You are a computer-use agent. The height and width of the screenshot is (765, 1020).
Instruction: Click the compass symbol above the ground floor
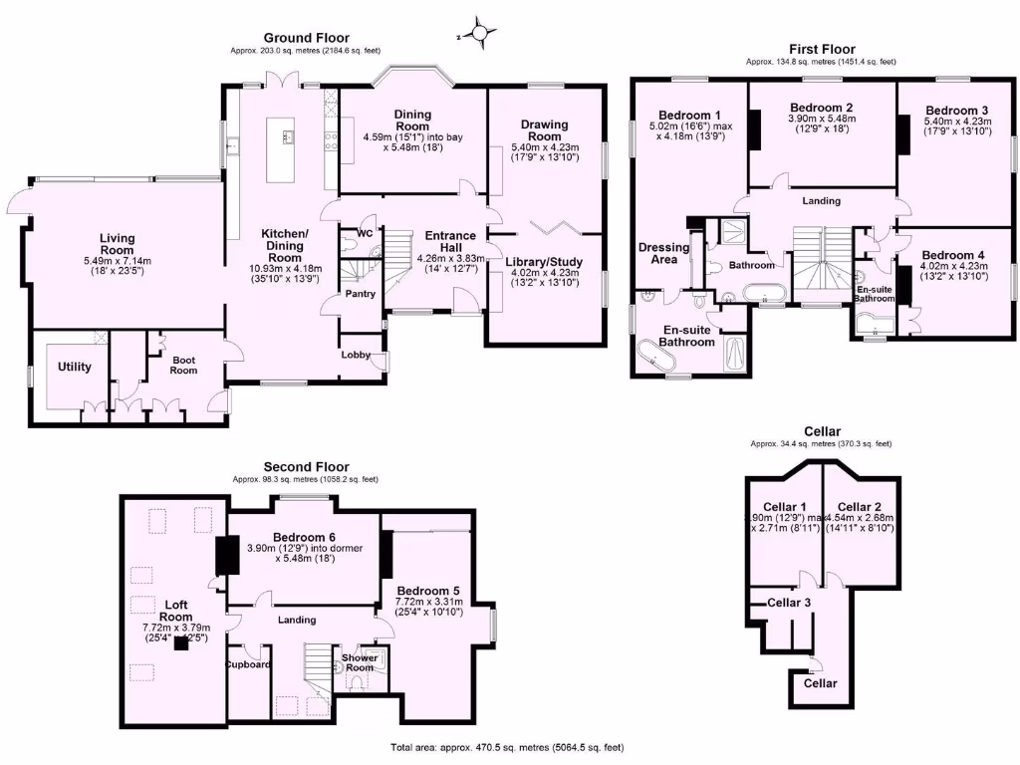tap(480, 36)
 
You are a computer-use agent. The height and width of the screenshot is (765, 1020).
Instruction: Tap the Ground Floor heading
tap(306, 38)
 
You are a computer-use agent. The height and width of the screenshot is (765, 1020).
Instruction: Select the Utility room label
tap(75, 367)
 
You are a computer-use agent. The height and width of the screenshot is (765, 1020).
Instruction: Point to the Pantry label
tap(360, 294)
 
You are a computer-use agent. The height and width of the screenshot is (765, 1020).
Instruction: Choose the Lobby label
tap(356, 355)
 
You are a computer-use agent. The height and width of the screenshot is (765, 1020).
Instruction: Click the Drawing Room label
tap(544, 130)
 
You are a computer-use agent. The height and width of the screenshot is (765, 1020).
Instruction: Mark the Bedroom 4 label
tap(953, 254)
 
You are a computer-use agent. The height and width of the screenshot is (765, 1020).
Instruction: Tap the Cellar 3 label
tap(788, 603)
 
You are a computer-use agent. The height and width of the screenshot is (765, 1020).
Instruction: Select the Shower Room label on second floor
tap(360, 661)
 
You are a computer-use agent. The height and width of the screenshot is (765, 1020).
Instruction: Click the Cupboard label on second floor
tap(247, 664)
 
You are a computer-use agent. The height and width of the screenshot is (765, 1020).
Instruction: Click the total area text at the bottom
tap(508, 747)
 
